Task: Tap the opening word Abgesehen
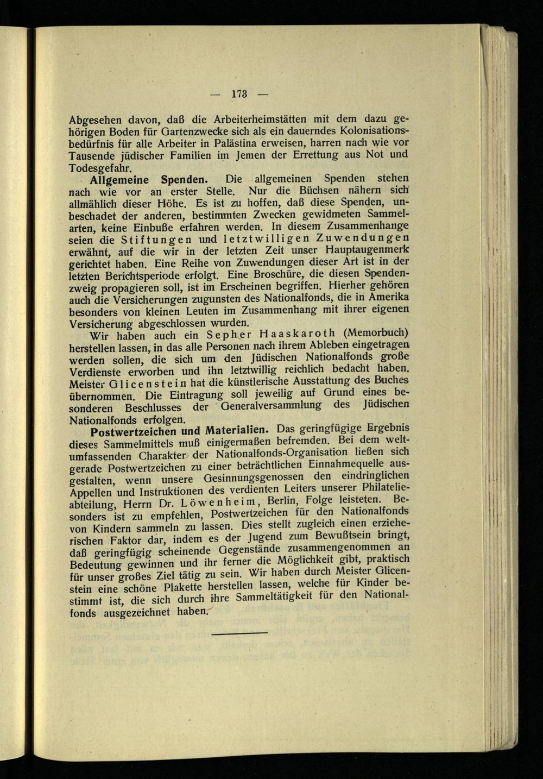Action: coord(95,118)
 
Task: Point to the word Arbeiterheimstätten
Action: coord(247,118)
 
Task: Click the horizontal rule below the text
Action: coord(239,633)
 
